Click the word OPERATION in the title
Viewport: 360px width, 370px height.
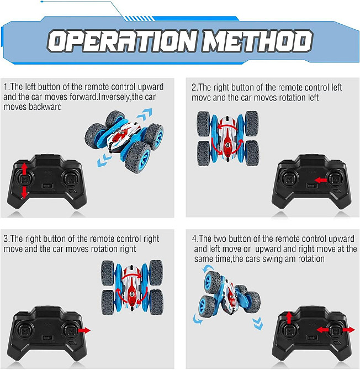pos(121,41)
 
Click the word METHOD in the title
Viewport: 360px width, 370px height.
pos(257,41)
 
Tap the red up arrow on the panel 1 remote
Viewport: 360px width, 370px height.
pos(24,168)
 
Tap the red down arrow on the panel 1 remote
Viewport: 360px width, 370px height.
pos(24,192)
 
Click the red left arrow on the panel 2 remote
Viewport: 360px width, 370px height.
pos(321,180)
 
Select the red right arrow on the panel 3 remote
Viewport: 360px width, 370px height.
pos(84,330)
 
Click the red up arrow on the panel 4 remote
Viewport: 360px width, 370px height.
pos(289,318)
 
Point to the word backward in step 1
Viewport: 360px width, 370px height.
pos(45,107)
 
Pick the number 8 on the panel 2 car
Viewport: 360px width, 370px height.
pos(227,145)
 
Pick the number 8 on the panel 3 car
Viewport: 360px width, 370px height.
pos(131,294)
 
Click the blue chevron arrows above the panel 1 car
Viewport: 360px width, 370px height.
pos(144,114)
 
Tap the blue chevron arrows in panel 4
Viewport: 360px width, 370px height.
pos(257,324)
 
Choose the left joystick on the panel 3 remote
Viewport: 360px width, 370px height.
pos(24,330)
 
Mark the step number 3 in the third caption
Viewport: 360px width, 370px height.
pos(6,239)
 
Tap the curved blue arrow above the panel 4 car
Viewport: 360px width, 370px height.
pos(208,268)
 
